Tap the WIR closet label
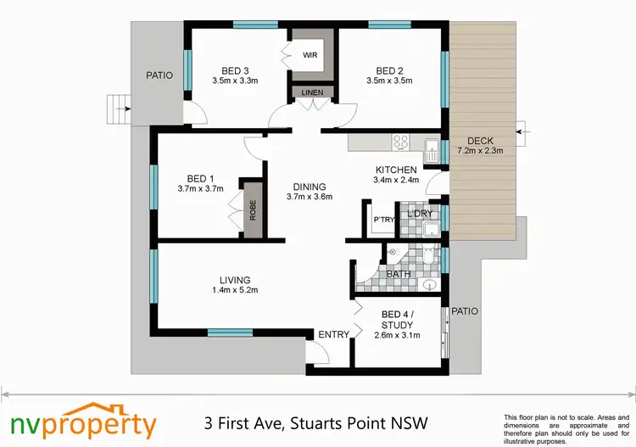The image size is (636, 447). click(x=310, y=55)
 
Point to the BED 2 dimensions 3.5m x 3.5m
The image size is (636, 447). click(x=388, y=82)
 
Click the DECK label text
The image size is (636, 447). click(x=480, y=141)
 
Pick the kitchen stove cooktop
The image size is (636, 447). click(x=401, y=142)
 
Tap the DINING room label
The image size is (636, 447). click(x=309, y=187)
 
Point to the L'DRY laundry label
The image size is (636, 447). click(x=419, y=214)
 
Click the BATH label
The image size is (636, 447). click(x=399, y=275)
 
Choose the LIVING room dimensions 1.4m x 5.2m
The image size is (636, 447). click(x=234, y=290)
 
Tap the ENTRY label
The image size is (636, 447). click(x=333, y=335)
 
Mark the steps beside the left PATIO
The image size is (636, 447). click(x=117, y=109)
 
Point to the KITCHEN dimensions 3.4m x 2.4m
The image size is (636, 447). click(x=396, y=180)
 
